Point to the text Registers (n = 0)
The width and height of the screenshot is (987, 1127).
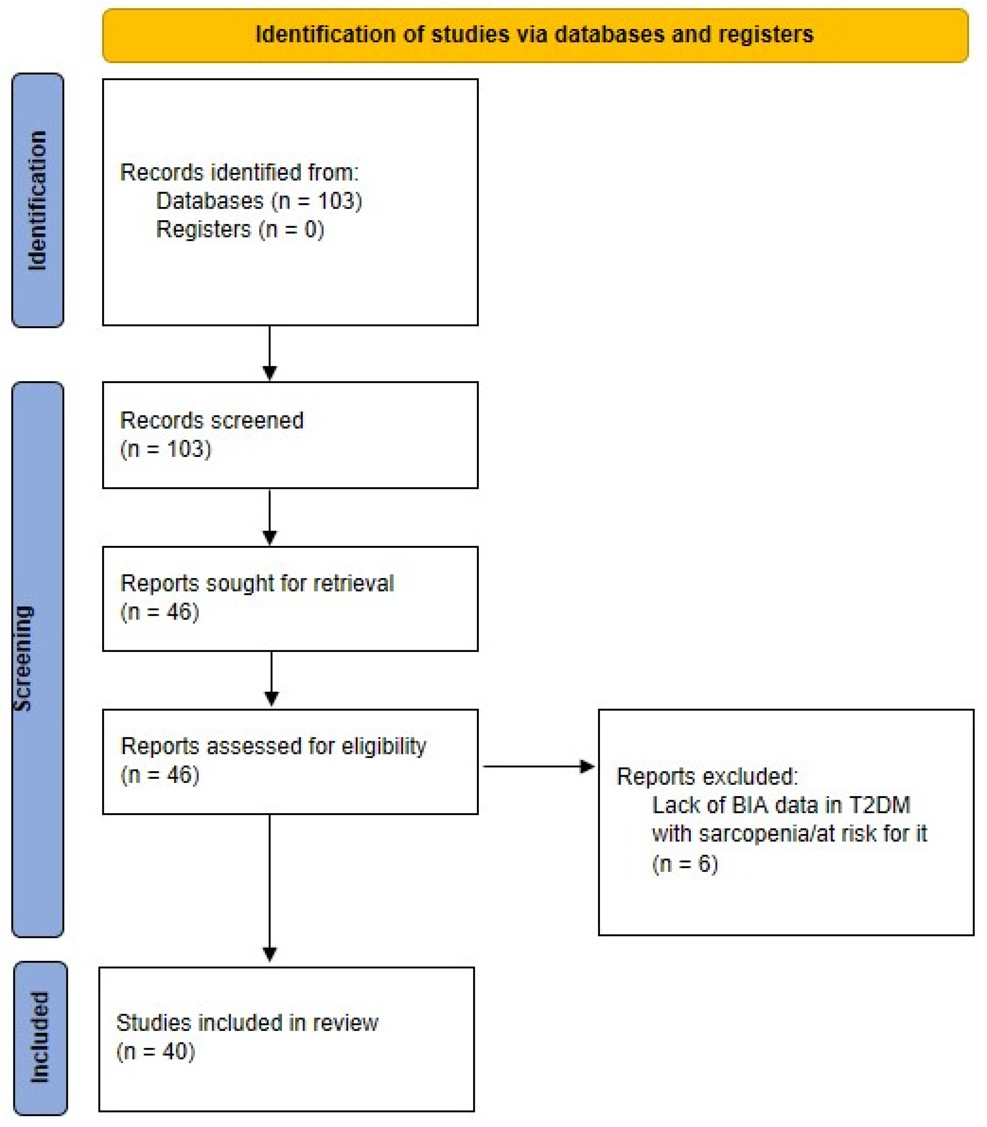(x=240, y=229)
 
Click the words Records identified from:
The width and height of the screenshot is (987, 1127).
(x=239, y=172)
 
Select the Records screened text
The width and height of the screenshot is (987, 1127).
(x=211, y=420)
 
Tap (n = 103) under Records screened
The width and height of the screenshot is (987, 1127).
(x=166, y=449)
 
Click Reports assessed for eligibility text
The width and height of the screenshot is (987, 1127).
(x=273, y=746)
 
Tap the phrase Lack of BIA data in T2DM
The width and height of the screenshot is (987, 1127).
(x=781, y=805)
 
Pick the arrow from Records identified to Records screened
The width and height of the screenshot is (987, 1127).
(x=269, y=353)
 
